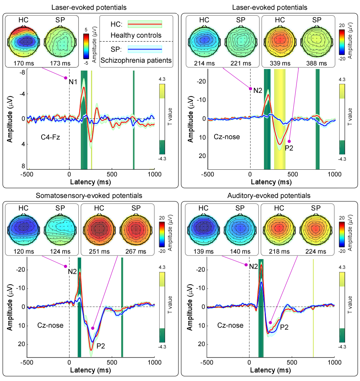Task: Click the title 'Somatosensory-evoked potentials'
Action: coord(89,195)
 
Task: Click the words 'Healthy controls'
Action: coord(136,35)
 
